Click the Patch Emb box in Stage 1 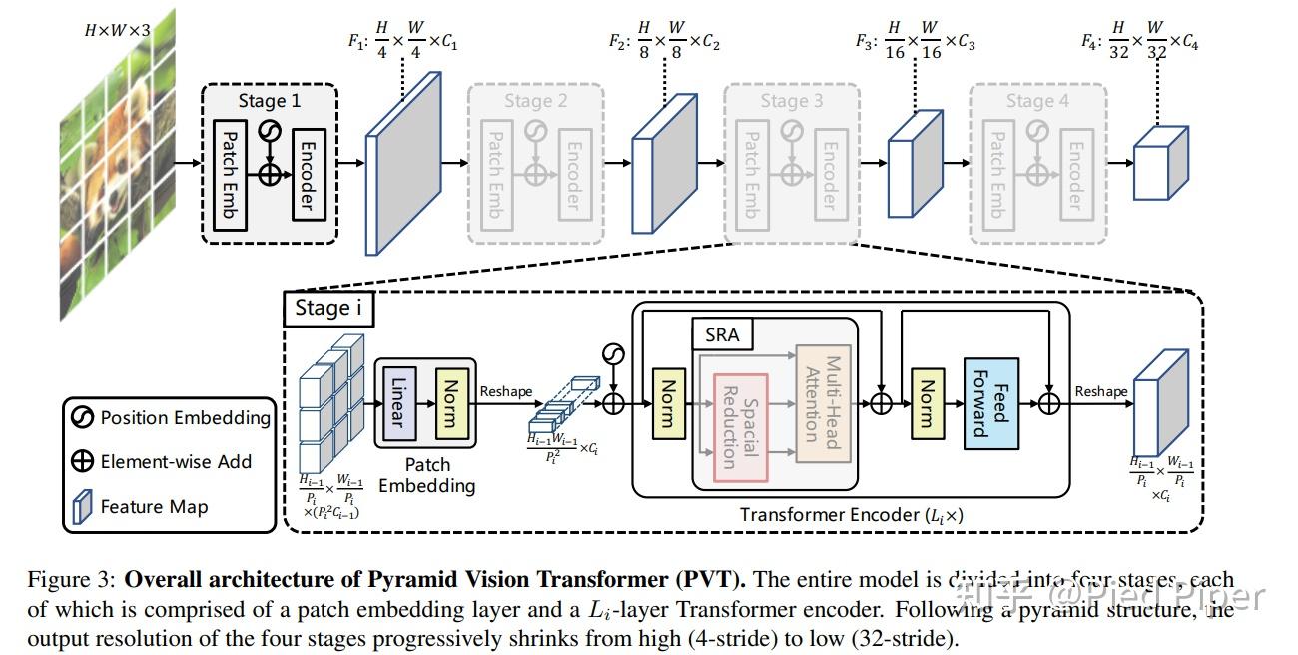230,173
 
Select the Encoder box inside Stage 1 309,173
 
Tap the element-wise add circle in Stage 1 270,173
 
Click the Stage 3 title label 791,101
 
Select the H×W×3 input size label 118,31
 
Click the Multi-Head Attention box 822,403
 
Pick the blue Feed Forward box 989,404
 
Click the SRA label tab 722,335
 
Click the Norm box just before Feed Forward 928,403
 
